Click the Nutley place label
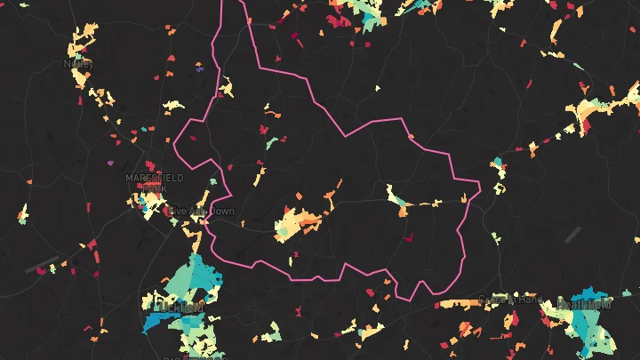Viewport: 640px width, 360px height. coord(77,64)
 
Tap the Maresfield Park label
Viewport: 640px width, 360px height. coord(154,182)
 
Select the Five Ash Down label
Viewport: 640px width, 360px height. coord(201,211)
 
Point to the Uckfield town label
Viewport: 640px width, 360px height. coord(178,307)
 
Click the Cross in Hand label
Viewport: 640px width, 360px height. coord(509,300)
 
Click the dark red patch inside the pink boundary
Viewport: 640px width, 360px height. coord(408,238)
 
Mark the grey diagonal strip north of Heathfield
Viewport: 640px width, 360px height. coord(572,236)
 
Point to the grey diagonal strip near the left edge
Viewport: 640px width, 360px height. coord(41,264)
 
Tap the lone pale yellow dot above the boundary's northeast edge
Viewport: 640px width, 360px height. coord(378,88)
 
